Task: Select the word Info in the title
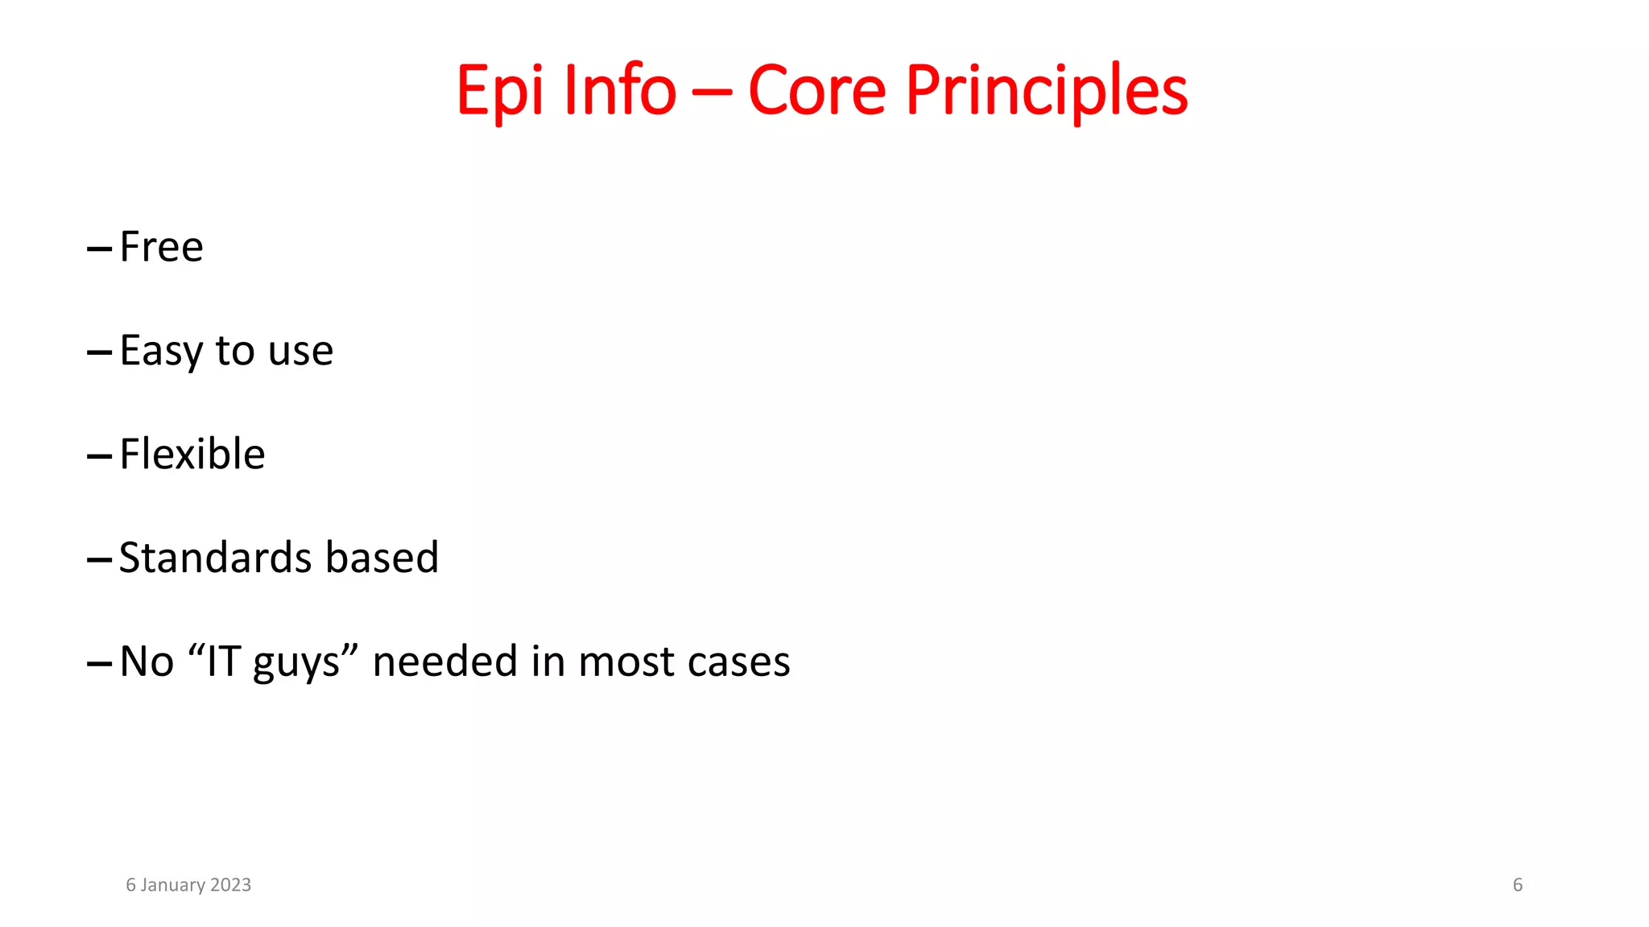(x=620, y=89)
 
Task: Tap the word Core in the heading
(x=816, y=89)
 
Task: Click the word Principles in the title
(x=1046, y=91)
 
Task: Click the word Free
(x=161, y=246)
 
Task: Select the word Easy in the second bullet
(x=161, y=351)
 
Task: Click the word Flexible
(x=192, y=454)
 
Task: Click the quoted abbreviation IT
(x=224, y=661)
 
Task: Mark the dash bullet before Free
(x=99, y=249)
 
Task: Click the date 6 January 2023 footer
(x=188, y=884)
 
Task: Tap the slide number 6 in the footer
(x=1517, y=884)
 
